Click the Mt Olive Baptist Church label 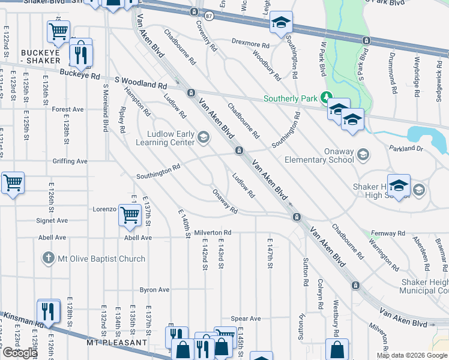(x=101, y=259)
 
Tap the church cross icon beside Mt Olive (x=49, y=259)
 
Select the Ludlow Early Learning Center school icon (x=203, y=139)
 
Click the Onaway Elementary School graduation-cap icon (x=362, y=155)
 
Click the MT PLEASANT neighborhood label (x=116, y=343)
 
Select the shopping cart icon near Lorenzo (x=130, y=214)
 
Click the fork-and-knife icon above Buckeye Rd (x=80, y=54)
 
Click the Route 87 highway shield (x=208, y=15)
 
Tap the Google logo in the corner (x=19, y=353)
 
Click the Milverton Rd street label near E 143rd (x=212, y=233)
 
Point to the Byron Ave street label (x=154, y=290)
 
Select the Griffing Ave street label (x=70, y=161)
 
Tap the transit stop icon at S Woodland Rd (x=190, y=93)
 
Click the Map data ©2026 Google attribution (x=411, y=355)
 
